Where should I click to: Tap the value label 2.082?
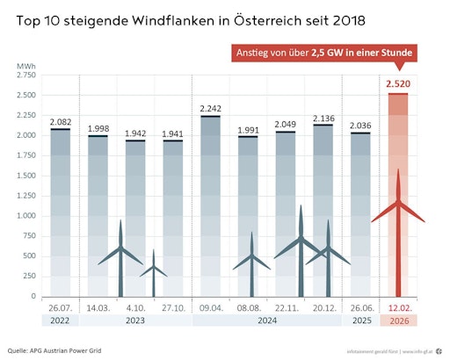(x=61, y=121)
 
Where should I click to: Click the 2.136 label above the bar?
(x=325, y=117)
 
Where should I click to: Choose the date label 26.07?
(x=61, y=308)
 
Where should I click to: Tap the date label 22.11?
(x=287, y=308)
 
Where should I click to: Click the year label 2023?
(x=135, y=321)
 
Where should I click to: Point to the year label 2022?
(x=61, y=321)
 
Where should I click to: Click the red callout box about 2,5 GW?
(x=325, y=53)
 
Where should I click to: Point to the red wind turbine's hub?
(x=398, y=204)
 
